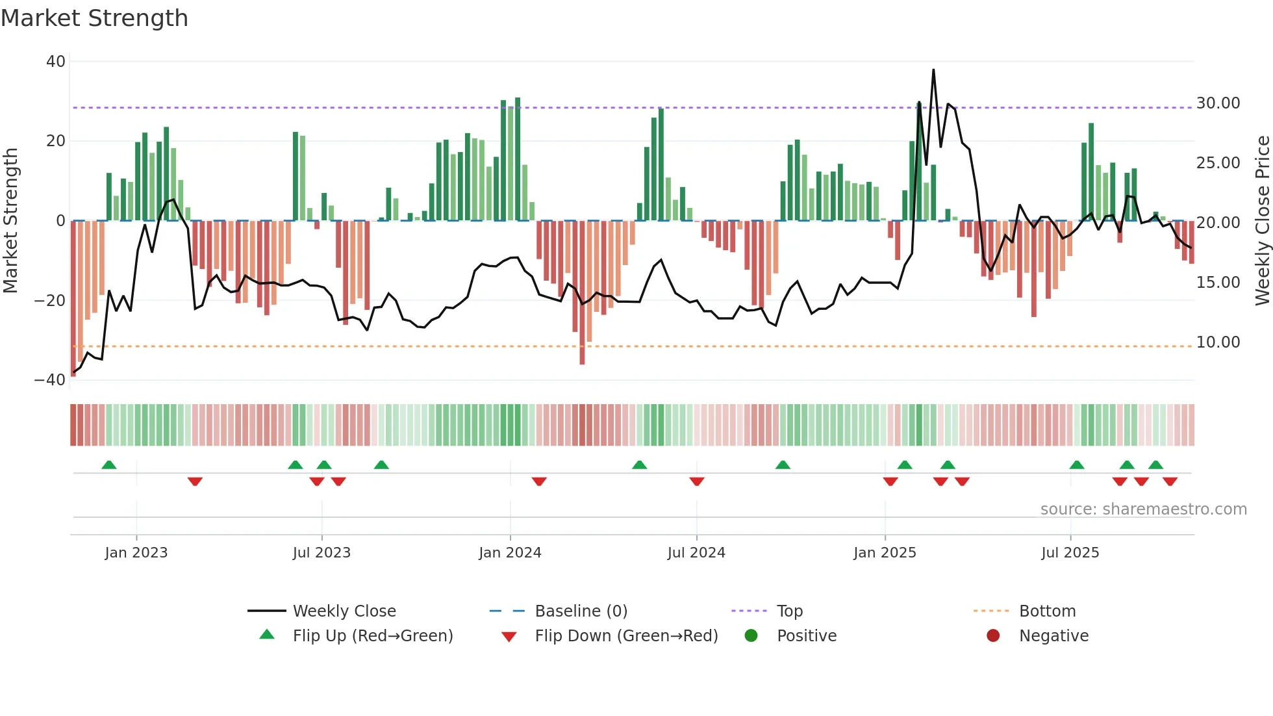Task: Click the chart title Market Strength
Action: pyautogui.click(x=94, y=18)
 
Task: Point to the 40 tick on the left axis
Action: pyautogui.click(x=56, y=62)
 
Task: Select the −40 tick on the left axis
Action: pyautogui.click(x=50, y=380)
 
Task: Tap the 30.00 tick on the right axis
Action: pyautogui.click(x=1218, y=103)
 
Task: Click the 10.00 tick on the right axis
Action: pyautogui.click(x=1218, y=342)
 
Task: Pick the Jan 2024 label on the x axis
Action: pyautogui.click(x=510, y=553)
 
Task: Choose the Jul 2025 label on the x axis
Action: pyautogui.click(x=1070, y=553)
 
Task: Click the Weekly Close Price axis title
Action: pyautogui.click(x=1262, y=220)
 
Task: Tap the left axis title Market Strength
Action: pyautogui.click(x=10, y=220)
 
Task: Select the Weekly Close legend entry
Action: pyautogui.click(x=344, y=611)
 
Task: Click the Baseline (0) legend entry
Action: pyautogui.click(x=581, y=611)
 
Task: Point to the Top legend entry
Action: pyautogui.click(x=789, y=611)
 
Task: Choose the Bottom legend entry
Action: pyautogui.click(x=1047, y=611)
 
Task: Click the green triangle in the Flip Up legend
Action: pyautogui.click(x=267, y=635)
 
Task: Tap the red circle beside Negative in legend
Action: pyautogui.click(x=993, y=635)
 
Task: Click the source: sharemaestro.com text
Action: pyautogui.click(x=1143, y=509)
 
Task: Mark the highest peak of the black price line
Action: pyautogui.click(x=933, y=70)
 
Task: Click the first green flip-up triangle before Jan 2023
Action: pyautogui.click(x=109, y=465)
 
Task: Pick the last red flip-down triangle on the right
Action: pyautogui.click(x=1170, y=481)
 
